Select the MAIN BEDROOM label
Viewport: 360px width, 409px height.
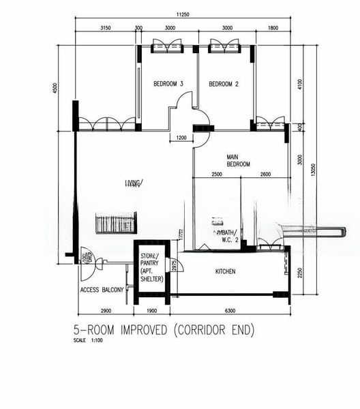tap(238, 160)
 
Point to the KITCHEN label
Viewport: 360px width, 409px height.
tap(225, 271)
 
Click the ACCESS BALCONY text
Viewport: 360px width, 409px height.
tap(102, 290)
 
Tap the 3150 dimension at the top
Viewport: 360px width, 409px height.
tap(105, 29)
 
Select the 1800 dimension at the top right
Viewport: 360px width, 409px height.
tap(273, 29)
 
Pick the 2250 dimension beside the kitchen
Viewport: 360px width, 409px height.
tap(299, 273)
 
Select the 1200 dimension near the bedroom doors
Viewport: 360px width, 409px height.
tap(181, 138)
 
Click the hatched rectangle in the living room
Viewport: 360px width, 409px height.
tap(116, 223)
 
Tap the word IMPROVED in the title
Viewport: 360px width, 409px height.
tap(145, 331)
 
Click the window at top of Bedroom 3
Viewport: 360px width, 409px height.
tap(167, 46)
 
